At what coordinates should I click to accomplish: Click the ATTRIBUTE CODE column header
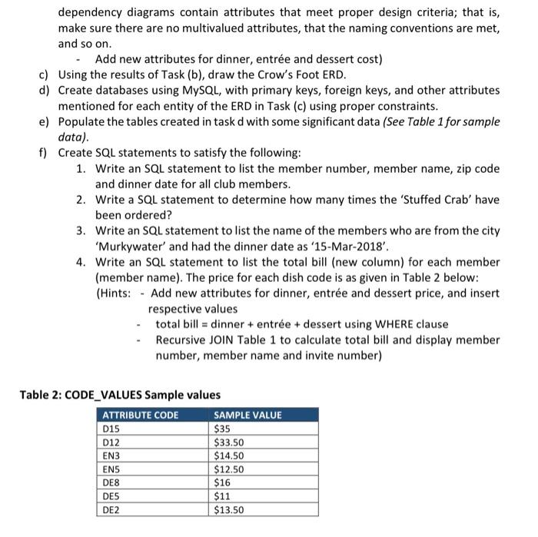coord(141,415)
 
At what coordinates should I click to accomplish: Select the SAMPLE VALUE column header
coord(247,415)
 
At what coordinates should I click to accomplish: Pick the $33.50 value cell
coord(229,442)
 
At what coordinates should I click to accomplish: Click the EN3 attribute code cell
coord(112,456)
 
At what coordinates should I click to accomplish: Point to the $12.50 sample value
coord(229,469)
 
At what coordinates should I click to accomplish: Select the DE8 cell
coord(112,482)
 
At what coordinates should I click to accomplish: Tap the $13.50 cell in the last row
coord(229,510)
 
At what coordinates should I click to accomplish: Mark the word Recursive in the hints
coord(182,340)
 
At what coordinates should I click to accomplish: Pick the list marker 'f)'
coord(45,153)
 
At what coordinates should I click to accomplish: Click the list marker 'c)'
coord(45,75)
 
